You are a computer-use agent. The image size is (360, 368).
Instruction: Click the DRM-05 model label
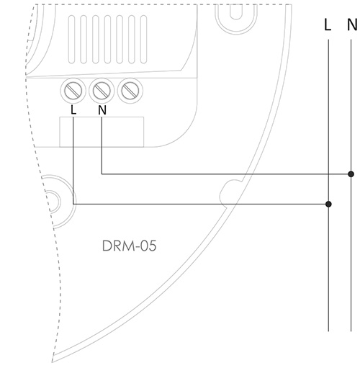pos(129,246)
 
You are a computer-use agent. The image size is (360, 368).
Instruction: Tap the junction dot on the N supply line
pos(351,174)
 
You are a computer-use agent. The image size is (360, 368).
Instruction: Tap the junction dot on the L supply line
pos(328,204)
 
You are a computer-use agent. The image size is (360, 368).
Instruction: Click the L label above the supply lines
pos(328,24)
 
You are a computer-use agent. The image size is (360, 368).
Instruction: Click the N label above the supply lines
pos(352,24)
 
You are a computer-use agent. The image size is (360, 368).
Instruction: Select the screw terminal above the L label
pos(73,91)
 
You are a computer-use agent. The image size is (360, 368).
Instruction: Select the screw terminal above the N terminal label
pos(102,91)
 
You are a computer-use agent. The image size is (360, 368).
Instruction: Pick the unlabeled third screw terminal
pos(130,91)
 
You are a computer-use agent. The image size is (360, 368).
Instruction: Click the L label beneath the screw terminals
pos(73,110)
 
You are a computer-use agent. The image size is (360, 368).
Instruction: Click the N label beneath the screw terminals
pos(102,110)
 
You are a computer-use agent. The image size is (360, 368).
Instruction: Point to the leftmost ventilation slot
pos(71,40)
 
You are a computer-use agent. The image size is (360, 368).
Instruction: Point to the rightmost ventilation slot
pos(143,40)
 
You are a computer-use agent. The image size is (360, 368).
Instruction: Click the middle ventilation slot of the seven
pos(107,40)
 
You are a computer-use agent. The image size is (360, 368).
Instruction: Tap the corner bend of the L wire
pos(73,204)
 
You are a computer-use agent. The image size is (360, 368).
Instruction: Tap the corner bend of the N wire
pos(102,174)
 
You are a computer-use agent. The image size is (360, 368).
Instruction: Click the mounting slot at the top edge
pos(236,12)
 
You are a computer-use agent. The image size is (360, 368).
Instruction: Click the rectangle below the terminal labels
pos(102,132)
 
